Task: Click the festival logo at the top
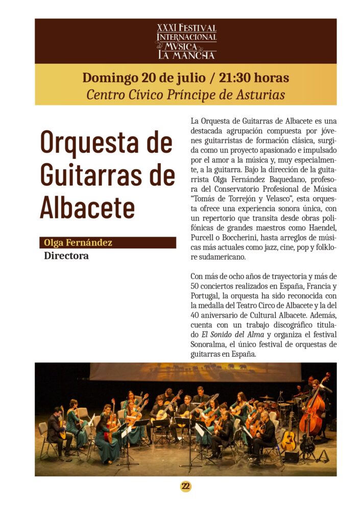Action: (186, 41)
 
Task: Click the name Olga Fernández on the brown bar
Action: (78, 242)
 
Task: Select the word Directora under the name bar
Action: (66, 255)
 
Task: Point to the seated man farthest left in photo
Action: (56, 429)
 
